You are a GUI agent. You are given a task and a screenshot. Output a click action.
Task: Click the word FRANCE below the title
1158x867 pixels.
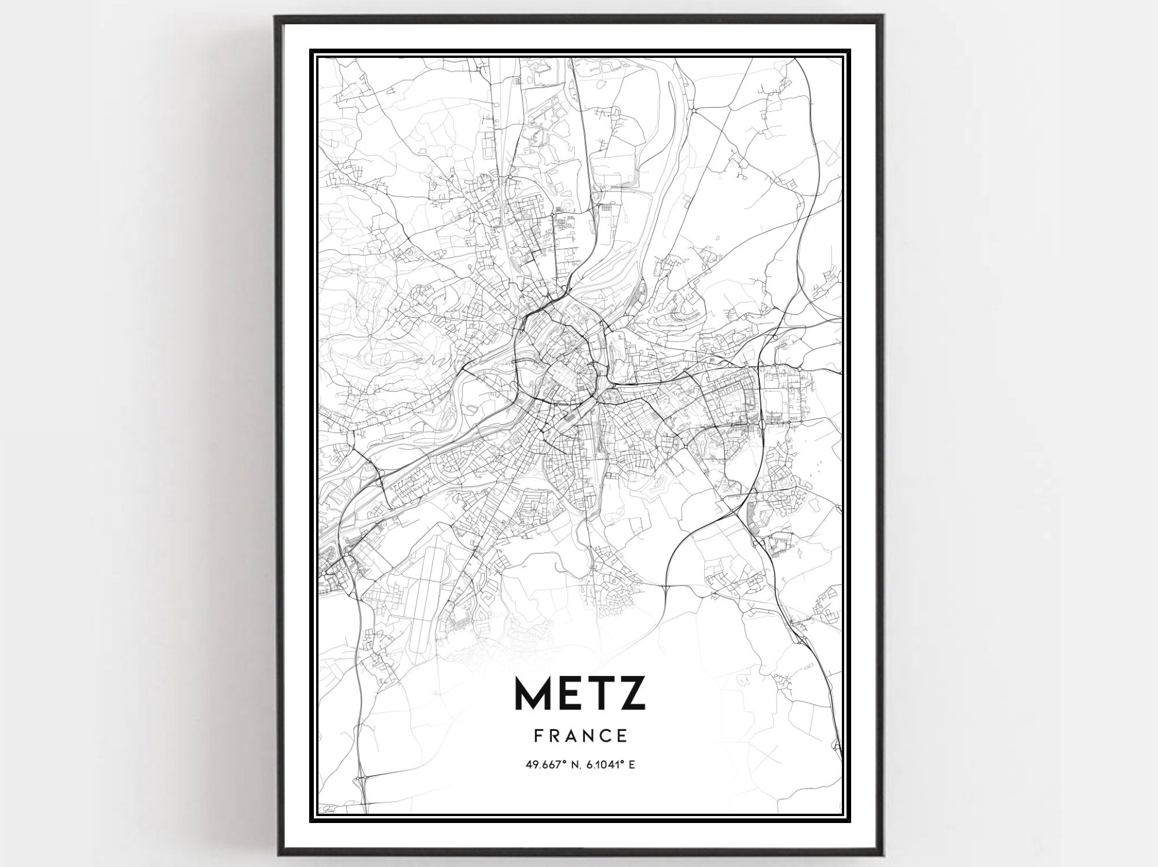(x=580, y=736)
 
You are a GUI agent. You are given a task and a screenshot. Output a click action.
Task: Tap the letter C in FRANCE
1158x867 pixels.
(x=604, y=736)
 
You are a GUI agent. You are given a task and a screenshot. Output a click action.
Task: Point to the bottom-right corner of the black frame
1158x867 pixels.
(x=882, y=854)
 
